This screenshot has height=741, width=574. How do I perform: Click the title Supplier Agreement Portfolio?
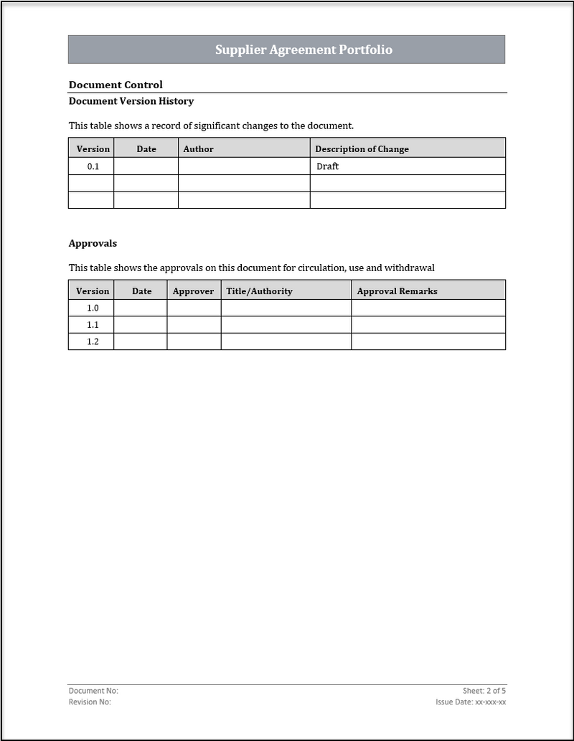click(x=304, y=49)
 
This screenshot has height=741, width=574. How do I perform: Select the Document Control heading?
click(x=116, y=85)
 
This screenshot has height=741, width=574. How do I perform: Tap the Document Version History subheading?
click(x=131, y=101)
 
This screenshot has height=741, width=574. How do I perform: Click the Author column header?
click(x=199, y=149)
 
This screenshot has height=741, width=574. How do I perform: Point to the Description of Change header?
click(x=362, y=149)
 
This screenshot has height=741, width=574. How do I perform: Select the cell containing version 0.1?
click(x=93, y=166)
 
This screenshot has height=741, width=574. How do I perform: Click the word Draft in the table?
click(x=327, y=166)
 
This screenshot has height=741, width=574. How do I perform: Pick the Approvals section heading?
click(x=93, y=243)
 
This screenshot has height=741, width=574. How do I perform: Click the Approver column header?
click(x=193, y=291)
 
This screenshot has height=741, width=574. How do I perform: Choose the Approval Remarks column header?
click(x=397, y=291)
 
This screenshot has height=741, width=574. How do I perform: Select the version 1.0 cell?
click(x=93, y=308)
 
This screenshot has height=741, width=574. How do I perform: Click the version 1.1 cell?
click(x=93, y=325)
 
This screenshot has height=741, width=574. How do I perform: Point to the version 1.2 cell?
click(x=93, y=341)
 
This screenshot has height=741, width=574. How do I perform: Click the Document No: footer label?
click(x=93, y=691)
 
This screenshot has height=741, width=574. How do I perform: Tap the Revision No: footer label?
click(x=90, y=702)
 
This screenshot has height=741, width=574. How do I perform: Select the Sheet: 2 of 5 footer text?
click(x=484, y=691)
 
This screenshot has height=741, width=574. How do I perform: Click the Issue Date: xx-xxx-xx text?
click(x=471, y=702)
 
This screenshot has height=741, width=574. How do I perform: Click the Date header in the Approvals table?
click(x=142, y=291)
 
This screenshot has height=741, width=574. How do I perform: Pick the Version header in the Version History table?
click(x=93, y=149)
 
